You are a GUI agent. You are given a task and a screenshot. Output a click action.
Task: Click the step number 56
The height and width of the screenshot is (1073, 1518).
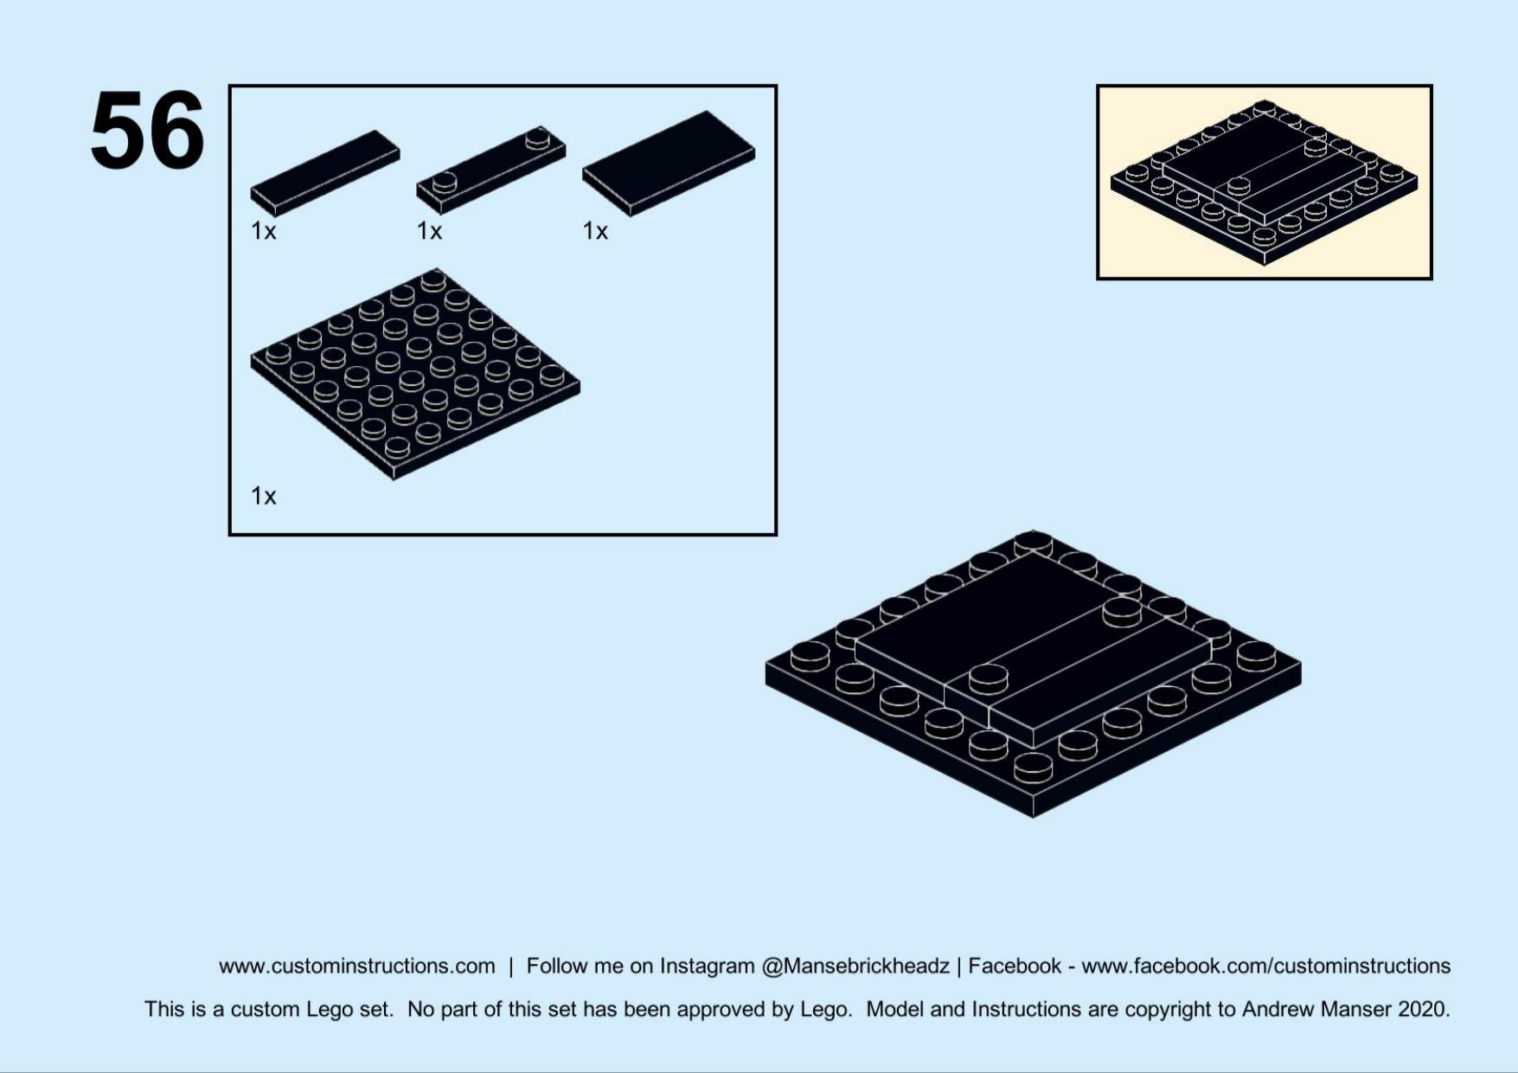pos(147,131)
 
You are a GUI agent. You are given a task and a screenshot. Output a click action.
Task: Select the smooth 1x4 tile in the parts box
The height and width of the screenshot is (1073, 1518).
pos(325,173)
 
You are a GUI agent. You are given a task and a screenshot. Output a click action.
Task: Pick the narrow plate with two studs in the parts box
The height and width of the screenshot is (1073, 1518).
pos(491,170)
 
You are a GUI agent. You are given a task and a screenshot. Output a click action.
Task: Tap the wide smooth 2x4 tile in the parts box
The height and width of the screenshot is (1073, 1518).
pos(669,163)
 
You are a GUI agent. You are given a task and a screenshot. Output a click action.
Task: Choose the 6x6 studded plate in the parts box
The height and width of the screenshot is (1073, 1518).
pos(415,374)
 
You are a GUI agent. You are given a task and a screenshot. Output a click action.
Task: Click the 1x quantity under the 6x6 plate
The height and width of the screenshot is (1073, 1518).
pos(264,496)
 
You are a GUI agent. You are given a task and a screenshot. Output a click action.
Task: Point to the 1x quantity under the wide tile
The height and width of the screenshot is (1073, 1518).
pos(595,231)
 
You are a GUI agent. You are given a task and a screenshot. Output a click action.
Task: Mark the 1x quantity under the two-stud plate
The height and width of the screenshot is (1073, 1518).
pos(429,231)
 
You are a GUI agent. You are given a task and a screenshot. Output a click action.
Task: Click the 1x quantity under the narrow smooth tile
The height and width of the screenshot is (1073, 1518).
pos(264,231)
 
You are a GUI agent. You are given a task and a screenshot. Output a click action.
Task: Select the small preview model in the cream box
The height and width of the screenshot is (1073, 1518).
pos(1264,183)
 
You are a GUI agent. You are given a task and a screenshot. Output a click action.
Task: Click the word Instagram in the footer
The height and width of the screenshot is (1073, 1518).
pos(707,966)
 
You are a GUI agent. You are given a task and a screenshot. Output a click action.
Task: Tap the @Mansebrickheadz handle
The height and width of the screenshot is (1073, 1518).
pos(855,966)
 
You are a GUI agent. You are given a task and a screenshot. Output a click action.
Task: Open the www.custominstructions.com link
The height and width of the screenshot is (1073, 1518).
pos(356,966)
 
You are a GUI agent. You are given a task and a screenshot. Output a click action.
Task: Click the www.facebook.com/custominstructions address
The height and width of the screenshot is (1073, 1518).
pos(1265,966)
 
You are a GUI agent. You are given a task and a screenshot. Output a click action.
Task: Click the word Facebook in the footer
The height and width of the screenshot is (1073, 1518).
pos(1015,966)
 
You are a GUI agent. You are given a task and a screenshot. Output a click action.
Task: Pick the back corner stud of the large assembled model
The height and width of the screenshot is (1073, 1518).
pos(1033,543)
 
